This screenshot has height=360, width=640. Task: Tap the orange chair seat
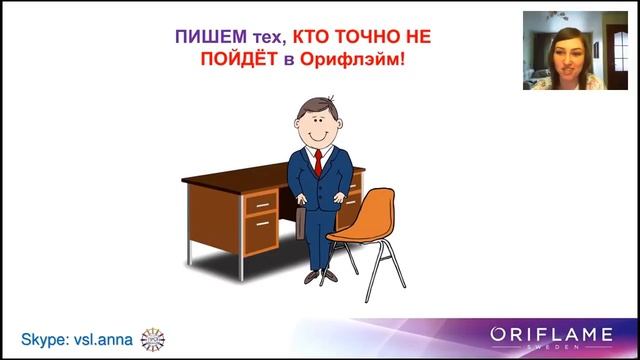point(358,232)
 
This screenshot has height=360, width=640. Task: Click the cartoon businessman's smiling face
point(321,125)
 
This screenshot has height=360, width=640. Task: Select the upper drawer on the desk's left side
point(262,203)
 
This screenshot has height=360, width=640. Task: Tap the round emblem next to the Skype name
point(153,339)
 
